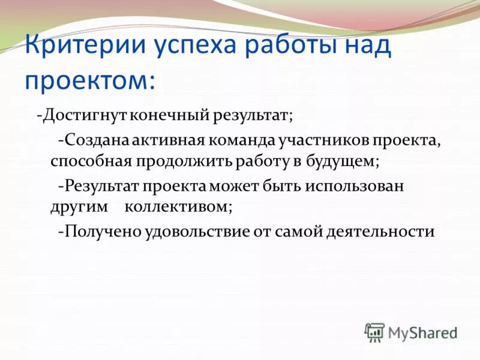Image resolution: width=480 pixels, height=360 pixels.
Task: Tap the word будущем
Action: coord(343,162)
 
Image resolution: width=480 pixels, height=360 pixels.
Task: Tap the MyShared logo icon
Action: coord(374,332)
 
